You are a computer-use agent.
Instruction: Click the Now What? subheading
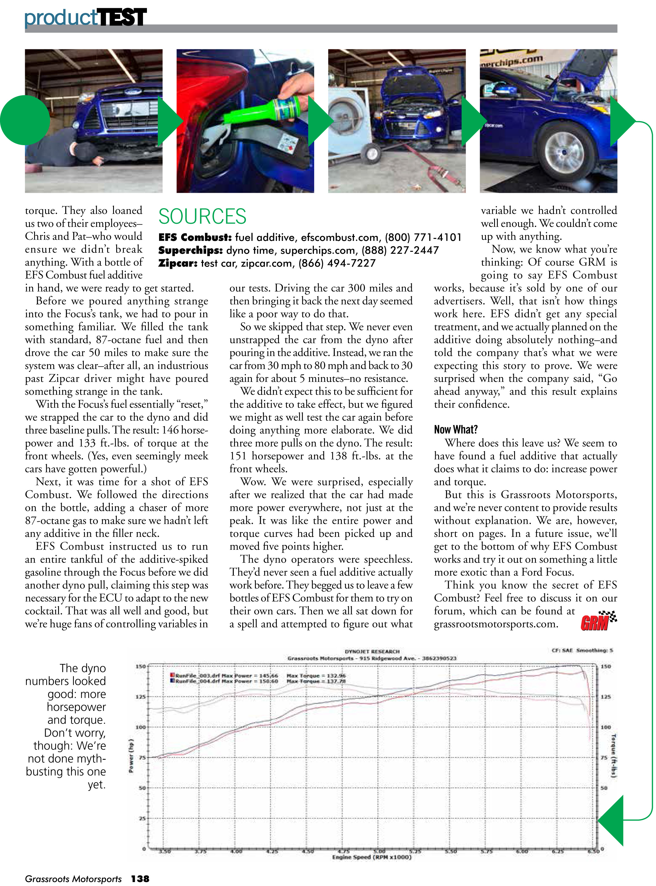click(455, 430)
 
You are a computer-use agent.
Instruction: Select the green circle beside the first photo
click(25, 120)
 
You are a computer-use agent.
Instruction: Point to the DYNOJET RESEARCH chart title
click(372, 651)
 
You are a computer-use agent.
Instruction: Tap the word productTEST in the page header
click(85, 17)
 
